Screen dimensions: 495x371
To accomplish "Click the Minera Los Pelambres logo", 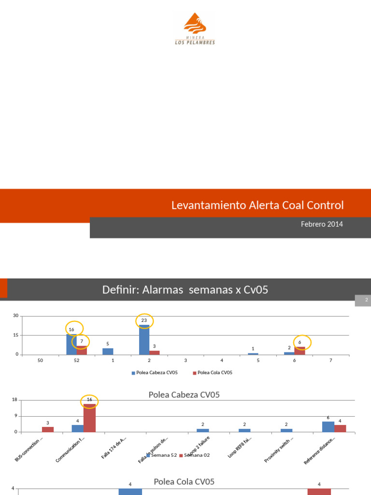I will click(195, 29).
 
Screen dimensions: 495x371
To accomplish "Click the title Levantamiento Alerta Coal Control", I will click(257, 205).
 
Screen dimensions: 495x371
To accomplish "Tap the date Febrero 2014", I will click(322, 224).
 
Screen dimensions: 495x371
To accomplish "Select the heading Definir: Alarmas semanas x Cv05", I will click(185, 290).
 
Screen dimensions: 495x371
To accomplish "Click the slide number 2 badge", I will click(367, 301).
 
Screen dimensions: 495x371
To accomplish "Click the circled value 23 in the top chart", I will click(144, 320).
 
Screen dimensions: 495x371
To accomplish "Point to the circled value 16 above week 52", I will click(71, 329).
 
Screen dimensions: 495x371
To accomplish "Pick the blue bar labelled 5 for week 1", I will click(108, 351).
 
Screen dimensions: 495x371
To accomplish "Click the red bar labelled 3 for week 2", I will click(155, 352).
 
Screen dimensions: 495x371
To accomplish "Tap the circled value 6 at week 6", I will click(300, 342).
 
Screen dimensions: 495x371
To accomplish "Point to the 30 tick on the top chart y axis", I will click(15, 316).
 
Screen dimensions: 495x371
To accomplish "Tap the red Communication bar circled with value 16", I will click(89, 418).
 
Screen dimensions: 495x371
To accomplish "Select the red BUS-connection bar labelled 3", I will click(48, 429).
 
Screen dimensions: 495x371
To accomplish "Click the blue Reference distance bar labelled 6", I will click(328, 426).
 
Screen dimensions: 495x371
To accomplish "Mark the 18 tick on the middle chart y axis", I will click(14, 400).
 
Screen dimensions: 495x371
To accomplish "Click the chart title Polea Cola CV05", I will click(184, 481).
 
